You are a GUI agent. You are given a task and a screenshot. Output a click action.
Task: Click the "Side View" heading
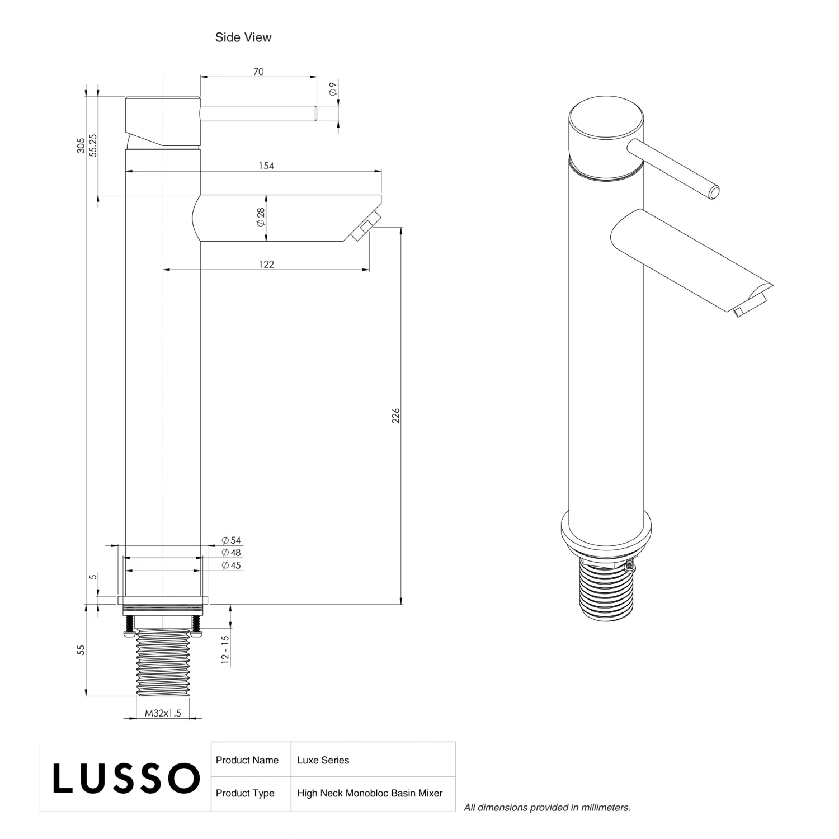coord(243,37)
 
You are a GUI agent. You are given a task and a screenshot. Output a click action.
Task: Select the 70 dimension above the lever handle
coord(258,72)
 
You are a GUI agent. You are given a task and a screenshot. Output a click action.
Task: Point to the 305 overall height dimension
coord(81,145)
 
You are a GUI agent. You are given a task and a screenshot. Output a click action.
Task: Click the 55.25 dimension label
coord(93,145)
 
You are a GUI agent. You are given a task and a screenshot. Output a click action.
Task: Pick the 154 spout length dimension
coord(266,166)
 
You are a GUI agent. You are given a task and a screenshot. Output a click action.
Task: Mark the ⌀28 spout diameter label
coord(260,217)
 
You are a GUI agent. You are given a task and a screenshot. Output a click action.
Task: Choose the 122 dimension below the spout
coord(266,265)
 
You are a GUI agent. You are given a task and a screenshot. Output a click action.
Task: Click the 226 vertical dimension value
coord(395,416)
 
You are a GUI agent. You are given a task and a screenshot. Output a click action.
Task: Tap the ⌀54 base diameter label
coord(231,540)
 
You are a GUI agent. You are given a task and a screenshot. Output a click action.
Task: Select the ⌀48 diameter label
coord(231,553)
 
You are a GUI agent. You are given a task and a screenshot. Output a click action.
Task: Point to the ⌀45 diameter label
coord(231,565)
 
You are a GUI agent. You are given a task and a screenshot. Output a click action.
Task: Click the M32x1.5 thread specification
coord(163,713)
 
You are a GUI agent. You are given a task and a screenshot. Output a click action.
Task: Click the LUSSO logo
coord(126,777)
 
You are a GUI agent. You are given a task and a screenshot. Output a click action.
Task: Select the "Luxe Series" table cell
coord(323,760)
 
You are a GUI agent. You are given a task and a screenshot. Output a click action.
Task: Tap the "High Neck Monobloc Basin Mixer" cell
coord(370,793)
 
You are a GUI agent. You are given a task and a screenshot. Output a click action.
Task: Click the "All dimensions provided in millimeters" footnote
coord(547,807)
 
